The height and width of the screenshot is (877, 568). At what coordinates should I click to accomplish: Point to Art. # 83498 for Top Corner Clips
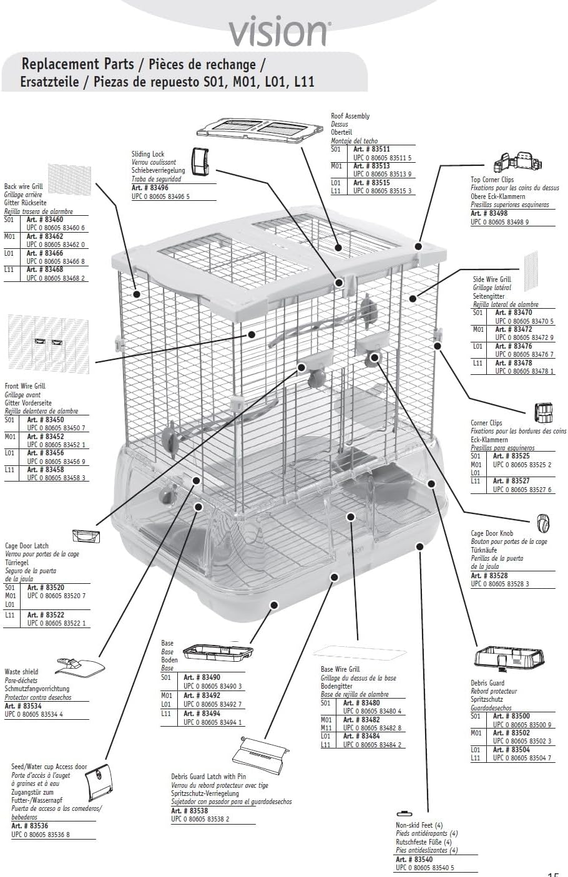coord(489,213)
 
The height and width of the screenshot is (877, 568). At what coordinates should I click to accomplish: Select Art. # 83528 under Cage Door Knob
coord(489,576)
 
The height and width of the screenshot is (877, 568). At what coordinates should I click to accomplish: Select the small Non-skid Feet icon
coord(404,813)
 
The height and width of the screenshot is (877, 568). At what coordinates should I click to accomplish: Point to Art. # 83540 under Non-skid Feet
coord(414,860)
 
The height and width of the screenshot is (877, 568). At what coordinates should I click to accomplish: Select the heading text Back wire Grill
coord(24,187)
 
